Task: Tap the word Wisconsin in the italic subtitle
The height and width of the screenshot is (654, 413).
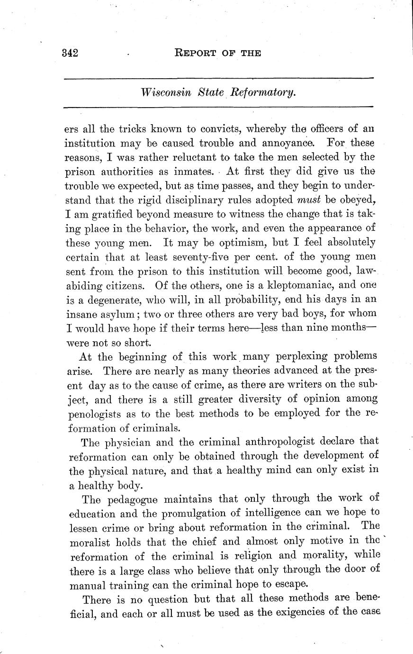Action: click(166, 92)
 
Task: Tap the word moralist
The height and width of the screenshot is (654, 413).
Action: click(95, 542)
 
